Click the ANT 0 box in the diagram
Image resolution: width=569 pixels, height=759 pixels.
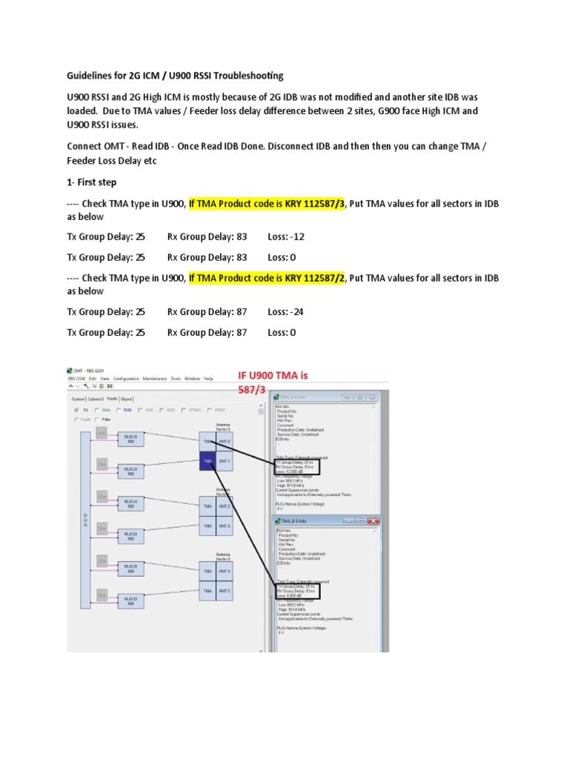(x=223, y=443)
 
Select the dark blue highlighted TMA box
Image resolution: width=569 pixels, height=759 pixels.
(x=207, y=461)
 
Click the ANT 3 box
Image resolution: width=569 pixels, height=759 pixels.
(x=223, y=526)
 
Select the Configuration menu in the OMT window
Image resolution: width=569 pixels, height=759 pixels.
(x=126, y=379)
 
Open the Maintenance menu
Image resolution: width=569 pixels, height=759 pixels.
(x=155, y=379)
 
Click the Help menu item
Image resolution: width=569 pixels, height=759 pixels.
(x=208, y=379)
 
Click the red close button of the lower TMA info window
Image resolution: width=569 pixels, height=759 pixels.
(x=374, y=522)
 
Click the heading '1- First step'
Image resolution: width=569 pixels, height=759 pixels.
(x=92, y=182)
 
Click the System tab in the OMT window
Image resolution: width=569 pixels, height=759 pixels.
(x=77, y=398)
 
